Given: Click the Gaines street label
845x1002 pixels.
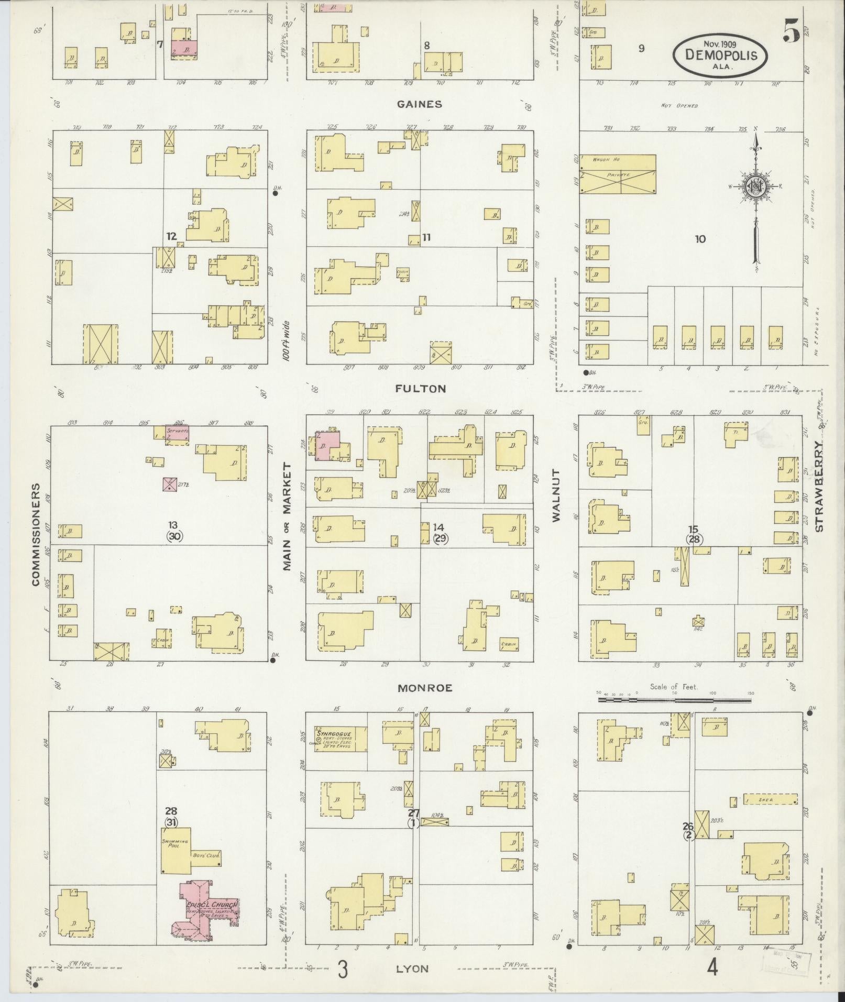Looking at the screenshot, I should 419,104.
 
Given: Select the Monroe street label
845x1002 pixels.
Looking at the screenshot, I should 424,688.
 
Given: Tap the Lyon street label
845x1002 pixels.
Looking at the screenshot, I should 412,968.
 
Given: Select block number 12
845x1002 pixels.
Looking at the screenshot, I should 171,236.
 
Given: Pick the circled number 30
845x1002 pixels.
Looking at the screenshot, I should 174,536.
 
